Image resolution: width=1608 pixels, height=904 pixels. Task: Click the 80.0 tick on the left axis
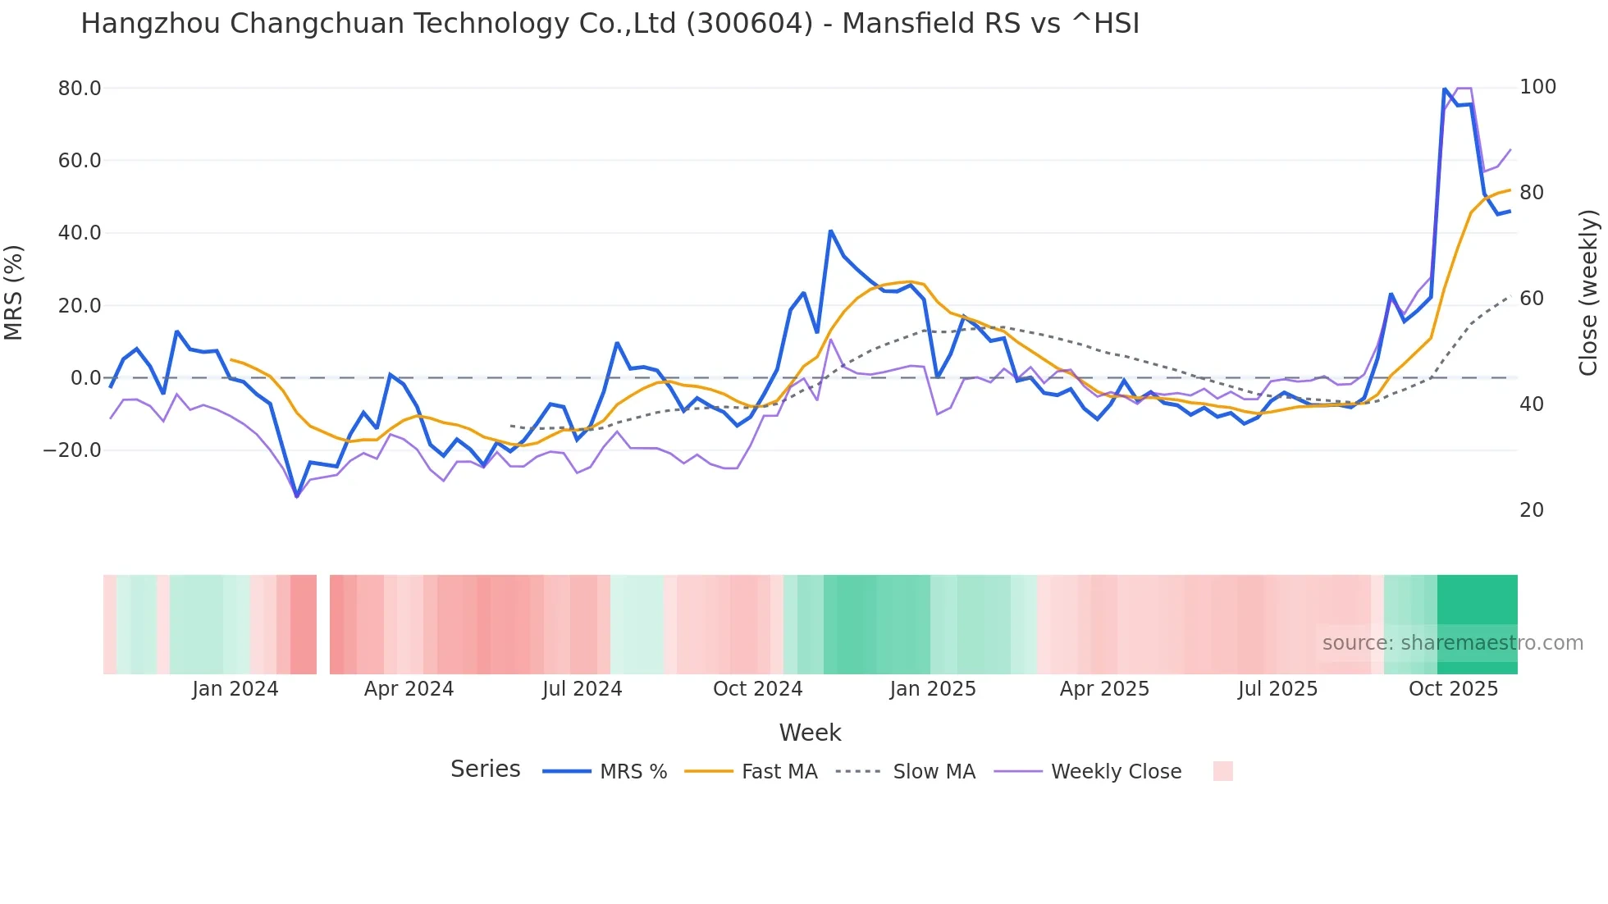click(x=79, y=88)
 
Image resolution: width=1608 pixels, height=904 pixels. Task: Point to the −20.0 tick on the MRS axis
click(x=72, y=450)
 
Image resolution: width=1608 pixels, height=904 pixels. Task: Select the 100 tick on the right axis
click(x=1537, y=87)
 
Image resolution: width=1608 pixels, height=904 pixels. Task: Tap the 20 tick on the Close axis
click(x=1531, y=510)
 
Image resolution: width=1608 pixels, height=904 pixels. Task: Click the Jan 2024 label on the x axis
click(x=235, y=689)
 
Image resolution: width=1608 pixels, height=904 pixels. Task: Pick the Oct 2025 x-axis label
click(x=1453, y=689)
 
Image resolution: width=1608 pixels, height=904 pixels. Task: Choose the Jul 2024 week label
click(x=582, y=689)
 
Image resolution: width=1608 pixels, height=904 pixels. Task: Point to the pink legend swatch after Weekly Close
click(x=1222, y=771)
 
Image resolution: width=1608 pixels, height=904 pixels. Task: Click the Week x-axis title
click(x=810, y=733)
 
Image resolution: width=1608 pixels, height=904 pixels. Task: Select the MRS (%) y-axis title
click(x=13, y=292)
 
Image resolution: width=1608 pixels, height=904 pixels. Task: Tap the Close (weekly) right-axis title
click(x=1588, y=292)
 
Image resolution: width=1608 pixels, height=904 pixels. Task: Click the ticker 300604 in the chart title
click(x=749, y=24)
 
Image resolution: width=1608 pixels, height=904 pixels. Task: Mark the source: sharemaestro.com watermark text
click(x=1452, y=643)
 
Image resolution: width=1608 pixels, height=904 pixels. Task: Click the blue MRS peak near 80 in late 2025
click(x=1444, y=89)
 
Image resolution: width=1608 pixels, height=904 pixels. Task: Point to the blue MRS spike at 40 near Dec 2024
click(x=830, y=231)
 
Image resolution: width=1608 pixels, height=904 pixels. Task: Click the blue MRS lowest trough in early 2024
click(x=296, y=495)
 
